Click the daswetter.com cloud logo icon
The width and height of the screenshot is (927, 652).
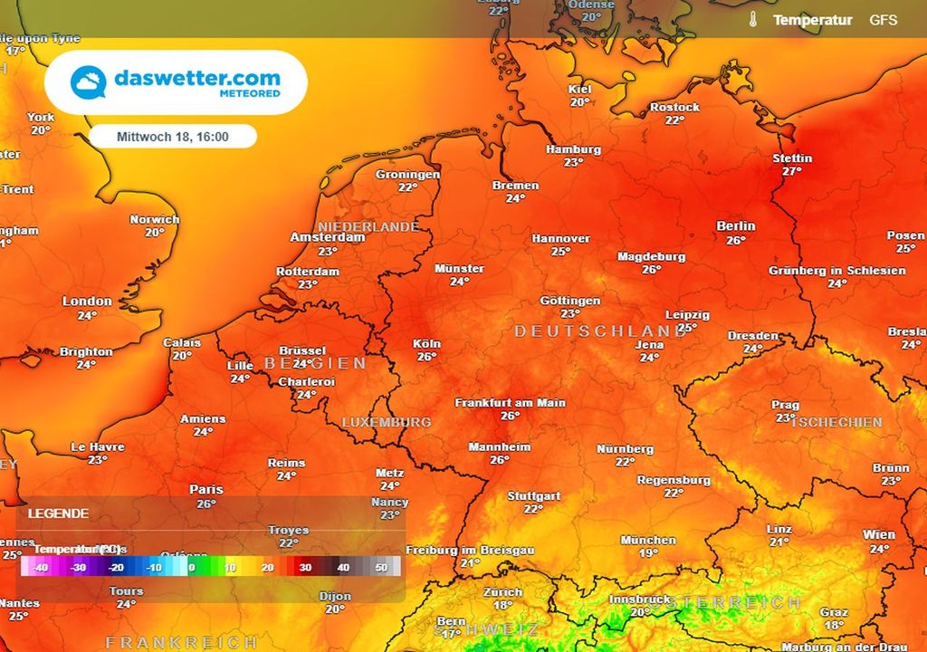click(89, 83)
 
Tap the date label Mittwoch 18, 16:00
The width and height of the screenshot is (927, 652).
click(173, 137)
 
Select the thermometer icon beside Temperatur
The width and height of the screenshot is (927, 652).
click(751, 19)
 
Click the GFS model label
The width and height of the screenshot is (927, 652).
click(883, 19)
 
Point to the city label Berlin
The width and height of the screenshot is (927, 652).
click(735, 226)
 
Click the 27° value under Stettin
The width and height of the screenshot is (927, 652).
click(792, 171)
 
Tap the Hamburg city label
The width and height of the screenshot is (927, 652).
click(573, 149)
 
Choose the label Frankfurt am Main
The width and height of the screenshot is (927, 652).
click(510, 402)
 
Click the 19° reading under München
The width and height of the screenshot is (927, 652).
click(648, 553)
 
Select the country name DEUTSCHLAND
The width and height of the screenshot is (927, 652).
click(601, 331)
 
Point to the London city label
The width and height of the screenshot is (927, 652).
click(87, 302)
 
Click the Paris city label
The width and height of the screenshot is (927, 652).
click(205, 490)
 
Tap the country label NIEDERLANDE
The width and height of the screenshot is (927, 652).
click(368, 226)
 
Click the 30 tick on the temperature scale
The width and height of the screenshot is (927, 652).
click(305, 568)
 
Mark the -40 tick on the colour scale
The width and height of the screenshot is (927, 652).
click(40, 568)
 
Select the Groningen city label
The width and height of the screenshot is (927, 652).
click(407, 175)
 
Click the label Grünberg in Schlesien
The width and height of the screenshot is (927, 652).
click(836, 271)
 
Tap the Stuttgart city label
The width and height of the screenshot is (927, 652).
click(533, 496)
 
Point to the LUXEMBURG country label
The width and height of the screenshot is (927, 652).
click(387, 422)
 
